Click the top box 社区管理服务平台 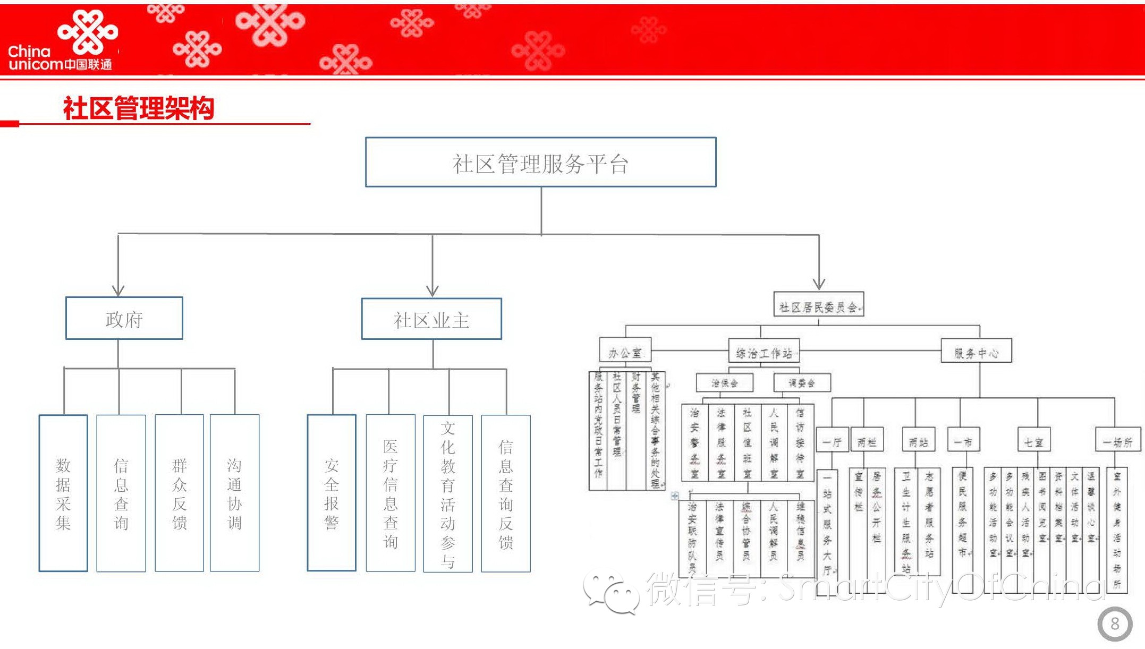point(540,163)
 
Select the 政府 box point(124,319)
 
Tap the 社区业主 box point(431,319)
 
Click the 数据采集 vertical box point(63,493)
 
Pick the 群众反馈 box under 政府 point(179,493)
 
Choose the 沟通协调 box point(234,493)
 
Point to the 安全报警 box point(331,493)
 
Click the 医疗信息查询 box point(391,493)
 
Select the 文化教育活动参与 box point(447,493)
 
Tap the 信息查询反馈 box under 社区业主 point(505,493)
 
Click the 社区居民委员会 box point(818,305)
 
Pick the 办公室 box point(625,352)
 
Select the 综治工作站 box point(764,352)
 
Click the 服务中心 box point(976,352)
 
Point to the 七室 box point(1033,441)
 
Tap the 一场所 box point(1118,441)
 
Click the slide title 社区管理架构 point(138,108)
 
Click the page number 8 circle point(1115,624)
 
